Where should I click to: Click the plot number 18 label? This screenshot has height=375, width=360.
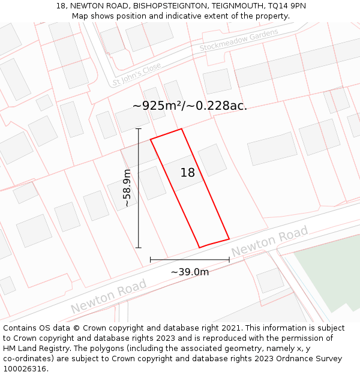(x=188, y=173)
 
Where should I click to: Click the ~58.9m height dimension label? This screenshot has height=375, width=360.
(x=127, y=188)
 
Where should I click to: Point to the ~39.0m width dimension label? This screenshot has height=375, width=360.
(x=190, y=272)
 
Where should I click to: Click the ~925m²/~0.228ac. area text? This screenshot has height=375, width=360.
(x=190, y=106)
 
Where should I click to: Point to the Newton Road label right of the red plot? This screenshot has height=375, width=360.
(x=270, y=241)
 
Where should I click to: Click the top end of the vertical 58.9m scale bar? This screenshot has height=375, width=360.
(x=139, y=128)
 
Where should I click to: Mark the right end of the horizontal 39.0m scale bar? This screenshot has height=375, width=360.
(x=229, y=260)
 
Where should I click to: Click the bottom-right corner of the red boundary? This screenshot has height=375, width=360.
(x=229, y=239)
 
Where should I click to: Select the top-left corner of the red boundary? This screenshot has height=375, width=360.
(x=151, y=139)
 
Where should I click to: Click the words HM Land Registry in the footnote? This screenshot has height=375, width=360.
(x=34, y=349)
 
